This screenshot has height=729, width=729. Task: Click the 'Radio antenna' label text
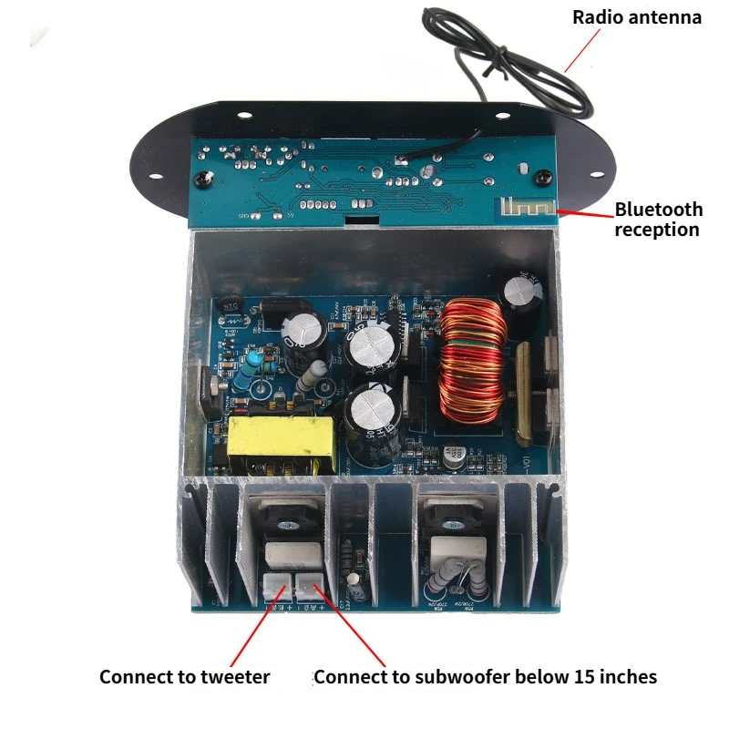[637, 17]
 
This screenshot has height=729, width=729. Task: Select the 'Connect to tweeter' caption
[184, 677]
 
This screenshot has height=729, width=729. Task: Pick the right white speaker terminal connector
[308, 586]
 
